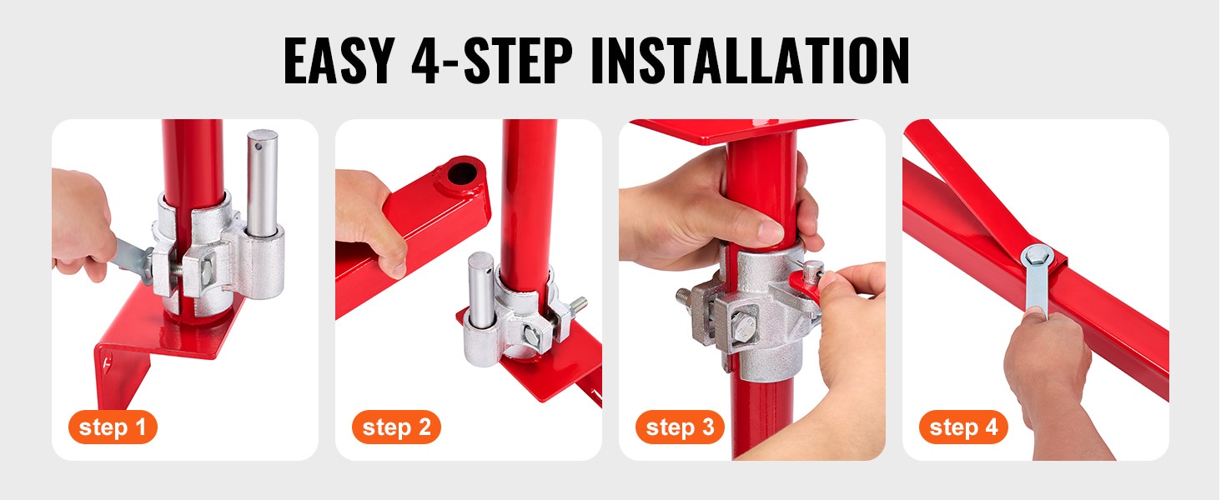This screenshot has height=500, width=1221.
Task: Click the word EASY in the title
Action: click(339, 60)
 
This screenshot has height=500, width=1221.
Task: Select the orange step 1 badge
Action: click(113, 427)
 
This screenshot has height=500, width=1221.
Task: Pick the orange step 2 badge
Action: click(396, 427)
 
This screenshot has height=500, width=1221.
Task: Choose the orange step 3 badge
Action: click(680, 427)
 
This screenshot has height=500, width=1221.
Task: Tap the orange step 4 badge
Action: click(963, 427)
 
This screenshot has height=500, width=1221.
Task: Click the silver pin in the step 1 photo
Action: click(262, 182)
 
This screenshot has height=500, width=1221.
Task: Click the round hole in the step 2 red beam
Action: click(462, 173)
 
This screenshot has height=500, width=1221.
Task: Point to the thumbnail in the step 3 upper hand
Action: click(770, 232)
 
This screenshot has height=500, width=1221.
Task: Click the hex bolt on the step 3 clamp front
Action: click(743, 327)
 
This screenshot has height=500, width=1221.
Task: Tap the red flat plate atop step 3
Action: click(741, 132)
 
